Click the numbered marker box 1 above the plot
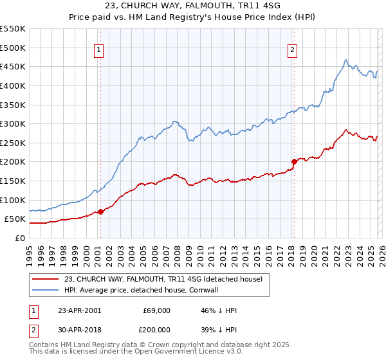coord(100,51)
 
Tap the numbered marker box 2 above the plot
coord(293,51)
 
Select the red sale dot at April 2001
coord(100,212)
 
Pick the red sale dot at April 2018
coord(294,161)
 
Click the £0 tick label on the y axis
coord(19,238)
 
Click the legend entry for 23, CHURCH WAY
coord(163,280)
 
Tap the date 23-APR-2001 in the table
coord(79,310)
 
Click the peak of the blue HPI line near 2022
coord(346,60)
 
